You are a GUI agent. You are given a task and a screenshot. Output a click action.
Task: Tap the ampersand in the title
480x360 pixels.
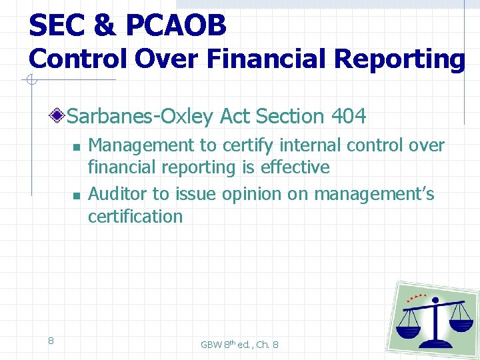(104, 25)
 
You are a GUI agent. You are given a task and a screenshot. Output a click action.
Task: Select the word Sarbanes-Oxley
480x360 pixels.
(139, 117)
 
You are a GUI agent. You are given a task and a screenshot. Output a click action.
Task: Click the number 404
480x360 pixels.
(348, 117)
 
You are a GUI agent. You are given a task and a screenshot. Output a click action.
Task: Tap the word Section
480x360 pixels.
(289, 117)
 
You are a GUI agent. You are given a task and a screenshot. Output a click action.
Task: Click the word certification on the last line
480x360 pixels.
(135, 216)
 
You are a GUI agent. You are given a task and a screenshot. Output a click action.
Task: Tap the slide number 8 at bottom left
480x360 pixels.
(51, 341)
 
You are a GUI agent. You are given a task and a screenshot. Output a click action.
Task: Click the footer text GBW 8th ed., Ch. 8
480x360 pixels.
(239, 345)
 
